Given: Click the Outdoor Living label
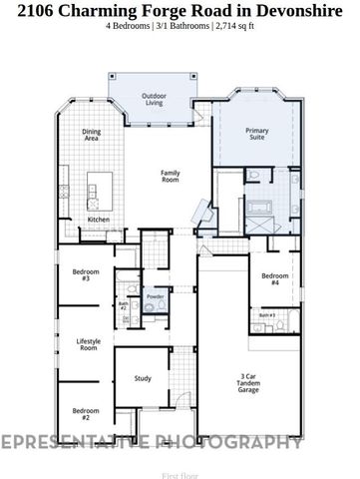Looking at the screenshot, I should point(154,100).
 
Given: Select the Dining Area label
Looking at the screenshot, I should point(91,136).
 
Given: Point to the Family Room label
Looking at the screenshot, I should point(171,176).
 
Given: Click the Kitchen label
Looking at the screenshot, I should point(99,219).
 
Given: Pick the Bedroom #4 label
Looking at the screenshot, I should point(274,279).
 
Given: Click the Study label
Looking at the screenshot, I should point(142,378).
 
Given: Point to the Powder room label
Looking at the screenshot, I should point(155,296).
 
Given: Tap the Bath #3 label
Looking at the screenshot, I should point(266,315).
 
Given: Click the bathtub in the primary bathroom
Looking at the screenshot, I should point(261,208).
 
